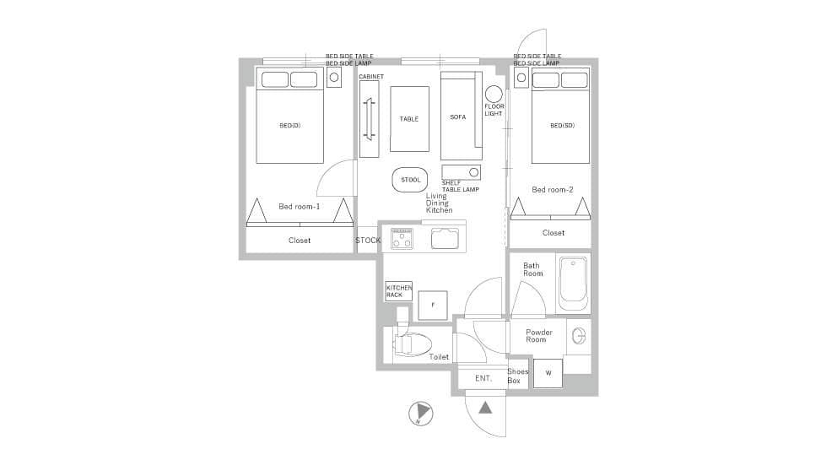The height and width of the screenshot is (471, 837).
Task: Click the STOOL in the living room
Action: coord(410,180)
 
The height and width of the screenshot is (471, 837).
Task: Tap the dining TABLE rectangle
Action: coord(409,119)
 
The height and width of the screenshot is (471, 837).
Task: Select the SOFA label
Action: coord(458,117)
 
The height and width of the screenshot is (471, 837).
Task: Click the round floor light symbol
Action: coord(494,94)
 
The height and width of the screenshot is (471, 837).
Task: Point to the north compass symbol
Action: coord(421,414)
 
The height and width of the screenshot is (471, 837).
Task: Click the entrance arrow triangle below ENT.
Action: coord(484,408)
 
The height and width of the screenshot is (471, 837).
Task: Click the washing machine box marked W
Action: coord(548,373)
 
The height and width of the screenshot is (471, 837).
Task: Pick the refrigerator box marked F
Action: coord(433,306)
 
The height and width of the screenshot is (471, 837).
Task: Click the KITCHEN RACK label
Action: coord(399,291)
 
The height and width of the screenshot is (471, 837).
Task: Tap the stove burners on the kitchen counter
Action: coord(402,239)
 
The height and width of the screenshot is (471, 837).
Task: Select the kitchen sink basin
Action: coord(445,239)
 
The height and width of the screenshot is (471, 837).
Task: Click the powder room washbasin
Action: coord(579,336)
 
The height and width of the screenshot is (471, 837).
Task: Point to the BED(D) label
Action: coord(290,126)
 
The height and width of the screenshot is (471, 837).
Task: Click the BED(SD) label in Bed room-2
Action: coord(562,126)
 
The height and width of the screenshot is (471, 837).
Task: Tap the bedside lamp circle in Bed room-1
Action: coord(334,78)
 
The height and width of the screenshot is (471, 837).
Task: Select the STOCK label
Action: coord(369,241)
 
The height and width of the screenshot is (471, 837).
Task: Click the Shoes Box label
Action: coord(517,376)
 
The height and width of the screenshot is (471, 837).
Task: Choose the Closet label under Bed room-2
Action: coord(553,233)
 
